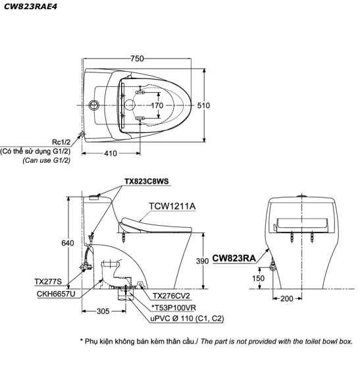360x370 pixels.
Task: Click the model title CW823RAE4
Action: pyautogui.click(x=30, y=7)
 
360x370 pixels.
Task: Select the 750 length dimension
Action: pyautogui.click(x=137, y=59)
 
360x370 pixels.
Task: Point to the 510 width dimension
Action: pyautogui.click(x=203, y=105)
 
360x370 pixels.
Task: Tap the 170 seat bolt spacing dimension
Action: pyautogui.click(x=157, y=105)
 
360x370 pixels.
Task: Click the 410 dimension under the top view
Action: pyautogui.click(x=111, y=153)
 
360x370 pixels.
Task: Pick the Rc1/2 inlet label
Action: pyautogui.click(x=61, y=142)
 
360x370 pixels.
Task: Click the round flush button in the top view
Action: pyautogui.click(x=94, y=105)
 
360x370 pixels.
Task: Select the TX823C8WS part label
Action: pyautogui.click(x=147, y=181)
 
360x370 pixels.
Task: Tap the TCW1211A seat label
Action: pyautogui.click(x=172, y=206)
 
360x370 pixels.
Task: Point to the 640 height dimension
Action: pyautogui.click(x=68, y=243)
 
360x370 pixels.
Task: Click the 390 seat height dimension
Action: pyautogui.click(x=203, y=261)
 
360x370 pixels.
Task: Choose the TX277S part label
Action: pyautogui.click(x=48, y=282)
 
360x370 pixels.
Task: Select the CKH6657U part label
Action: pyautogui.click(x=56, y=294)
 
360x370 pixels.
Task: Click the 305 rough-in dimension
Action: pyautogui.click(x=103, y=311)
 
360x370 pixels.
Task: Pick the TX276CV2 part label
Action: pyautogui.click(x=171, y=296)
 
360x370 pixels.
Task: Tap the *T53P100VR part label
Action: pyautogui.click(x=173, y=307)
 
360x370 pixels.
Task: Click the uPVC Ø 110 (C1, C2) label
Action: pyautogui.click(x=187, y=319)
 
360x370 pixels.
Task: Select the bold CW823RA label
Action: pyautogui.click(x=234, y=258)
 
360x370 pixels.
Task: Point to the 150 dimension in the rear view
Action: pyautogui.click(x=259, y=278)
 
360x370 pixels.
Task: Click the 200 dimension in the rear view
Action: pyautogui.click(x=287, y=299)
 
